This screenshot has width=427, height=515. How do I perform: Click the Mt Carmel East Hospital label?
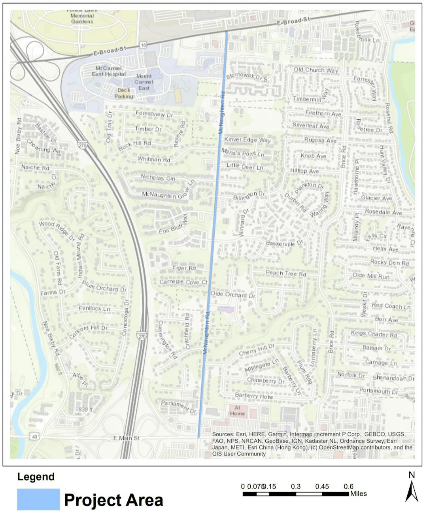109,71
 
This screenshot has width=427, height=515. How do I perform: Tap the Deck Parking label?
124,93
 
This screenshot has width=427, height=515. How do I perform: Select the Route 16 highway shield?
143,45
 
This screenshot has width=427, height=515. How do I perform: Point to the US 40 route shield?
34,436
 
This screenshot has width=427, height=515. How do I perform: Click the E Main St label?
126,438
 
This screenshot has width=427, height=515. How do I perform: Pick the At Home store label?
237,411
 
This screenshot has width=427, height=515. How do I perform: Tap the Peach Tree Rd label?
286,273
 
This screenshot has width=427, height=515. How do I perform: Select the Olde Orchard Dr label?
232,295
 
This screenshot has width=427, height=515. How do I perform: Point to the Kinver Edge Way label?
248,140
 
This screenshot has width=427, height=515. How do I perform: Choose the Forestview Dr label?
154,114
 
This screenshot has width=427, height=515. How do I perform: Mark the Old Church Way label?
316,70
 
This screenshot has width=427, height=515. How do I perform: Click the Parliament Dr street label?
178,407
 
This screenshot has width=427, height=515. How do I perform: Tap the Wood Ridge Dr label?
57,231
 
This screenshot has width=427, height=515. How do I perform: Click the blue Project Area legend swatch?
38,499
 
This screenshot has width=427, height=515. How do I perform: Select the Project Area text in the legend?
113,500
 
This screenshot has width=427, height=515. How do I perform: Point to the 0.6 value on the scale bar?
348,487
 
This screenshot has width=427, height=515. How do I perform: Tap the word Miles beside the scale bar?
358,494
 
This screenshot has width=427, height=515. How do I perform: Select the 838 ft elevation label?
83,410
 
